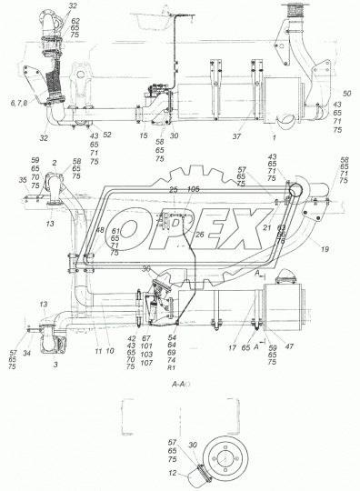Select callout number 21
tap(266, 227)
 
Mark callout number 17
tap(233, 346)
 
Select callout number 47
tap(290, 347)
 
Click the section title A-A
tap(178, 386)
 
